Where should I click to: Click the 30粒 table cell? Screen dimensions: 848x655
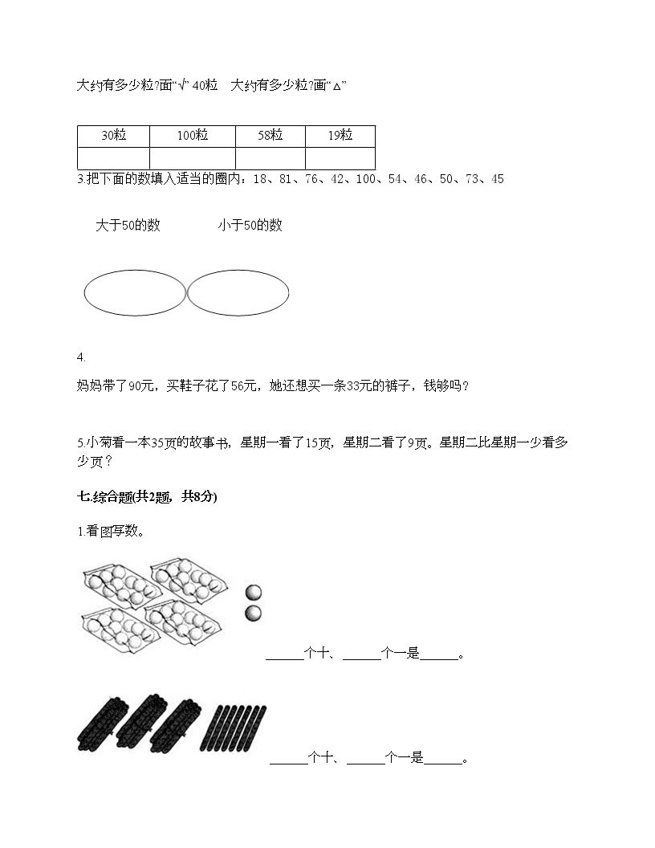click(x=114, y=136)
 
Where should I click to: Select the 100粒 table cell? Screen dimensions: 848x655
click(x=193, y=136)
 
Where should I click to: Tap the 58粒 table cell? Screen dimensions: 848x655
click(x=271, y=136)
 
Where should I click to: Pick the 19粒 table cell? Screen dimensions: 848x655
click(x=340, y=136)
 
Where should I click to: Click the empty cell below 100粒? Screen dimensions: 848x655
click(x=193, y=158)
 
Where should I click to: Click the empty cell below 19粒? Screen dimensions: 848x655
click(x=340, y=158)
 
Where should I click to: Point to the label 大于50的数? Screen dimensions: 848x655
click(x=128, y=226)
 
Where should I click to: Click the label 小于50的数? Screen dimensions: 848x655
click(x=250, y=226)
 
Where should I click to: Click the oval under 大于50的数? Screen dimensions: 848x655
click(x=135, y=293)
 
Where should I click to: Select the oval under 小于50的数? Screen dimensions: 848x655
click(x=238, y=293)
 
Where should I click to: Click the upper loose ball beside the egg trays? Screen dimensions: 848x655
click(x=254, y=593)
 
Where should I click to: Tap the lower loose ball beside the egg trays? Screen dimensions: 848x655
click(x=254, y=614)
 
